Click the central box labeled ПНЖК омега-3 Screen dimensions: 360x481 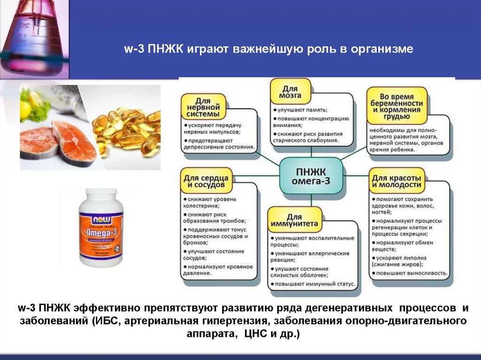(310, 174)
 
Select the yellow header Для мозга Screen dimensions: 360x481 (291, 92)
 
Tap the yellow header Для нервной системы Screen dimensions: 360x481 (205, 107)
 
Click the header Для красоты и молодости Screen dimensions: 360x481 (396, 182)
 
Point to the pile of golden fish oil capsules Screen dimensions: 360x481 (127, 134)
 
